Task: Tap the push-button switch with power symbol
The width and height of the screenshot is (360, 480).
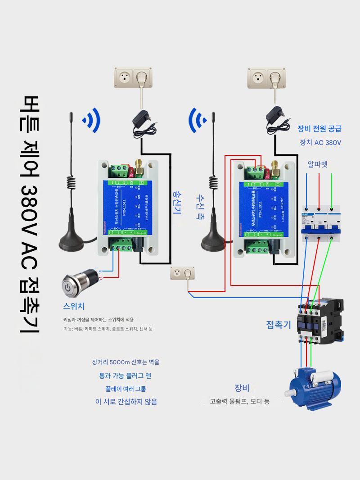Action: [77, 283]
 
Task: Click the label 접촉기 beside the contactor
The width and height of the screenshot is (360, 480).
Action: [279, 325]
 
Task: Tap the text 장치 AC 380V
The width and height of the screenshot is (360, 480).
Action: [320, 142]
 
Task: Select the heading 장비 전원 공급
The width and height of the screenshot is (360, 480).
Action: [319, 128]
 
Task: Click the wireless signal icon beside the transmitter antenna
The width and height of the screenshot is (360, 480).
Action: [91, 120]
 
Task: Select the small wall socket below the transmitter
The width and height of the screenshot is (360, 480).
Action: [183, 273]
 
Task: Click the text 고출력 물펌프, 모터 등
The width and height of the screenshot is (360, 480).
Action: [239, 401]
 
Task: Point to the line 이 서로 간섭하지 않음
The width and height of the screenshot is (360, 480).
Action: [126, 401]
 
